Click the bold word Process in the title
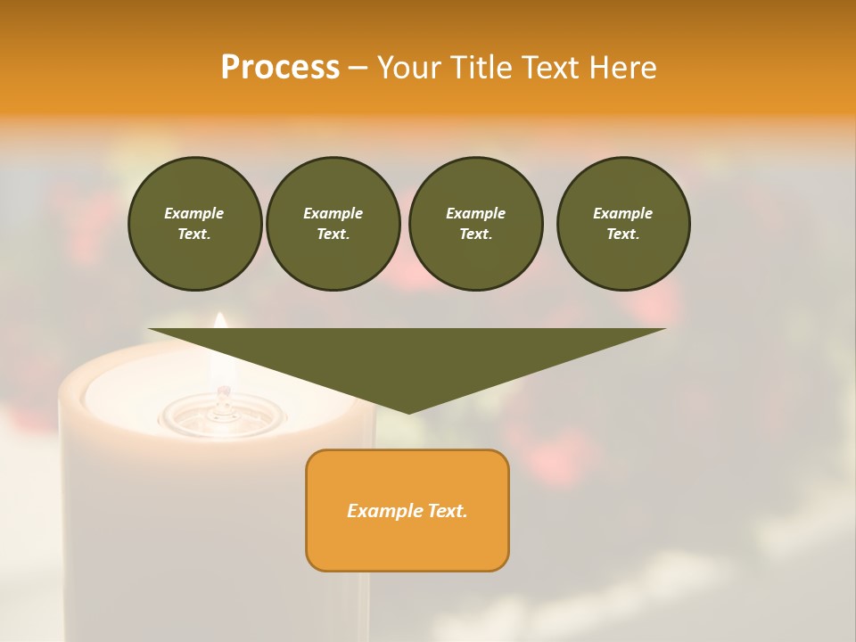click(280, 68)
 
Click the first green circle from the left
click(195, 224)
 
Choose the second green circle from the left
click(333, 224)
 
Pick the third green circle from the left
click(476, 224)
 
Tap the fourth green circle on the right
click(623, 224)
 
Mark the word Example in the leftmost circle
click(194, 213)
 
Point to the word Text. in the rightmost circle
click(623, 234)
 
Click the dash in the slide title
click(358, 68)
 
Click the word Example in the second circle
click(333, 213)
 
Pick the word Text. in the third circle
click(476, 234)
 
